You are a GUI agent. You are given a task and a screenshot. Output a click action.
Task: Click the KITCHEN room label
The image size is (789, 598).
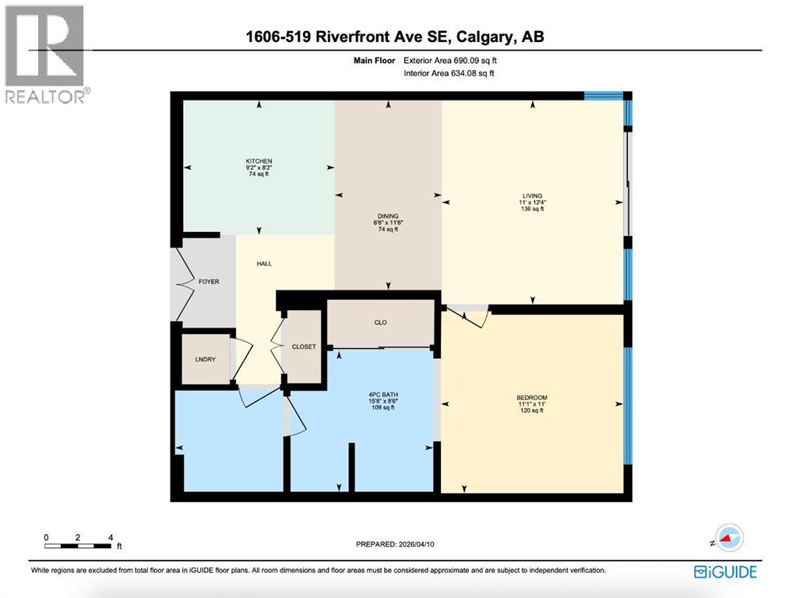[x=259, y=161]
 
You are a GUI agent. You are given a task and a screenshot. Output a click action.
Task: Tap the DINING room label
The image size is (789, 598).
[x=388, y=216]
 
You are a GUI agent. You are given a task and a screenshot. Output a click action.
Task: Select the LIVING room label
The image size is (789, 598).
[x=533, y=196]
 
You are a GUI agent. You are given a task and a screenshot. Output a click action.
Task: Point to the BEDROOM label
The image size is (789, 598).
[x=532, y=397]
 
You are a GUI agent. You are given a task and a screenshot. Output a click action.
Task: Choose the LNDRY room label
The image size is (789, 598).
[x=205, y=359]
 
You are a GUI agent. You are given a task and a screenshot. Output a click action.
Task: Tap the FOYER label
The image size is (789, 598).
[x=208, y=281]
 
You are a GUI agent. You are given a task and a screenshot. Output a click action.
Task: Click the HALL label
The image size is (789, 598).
[x=264, y=263]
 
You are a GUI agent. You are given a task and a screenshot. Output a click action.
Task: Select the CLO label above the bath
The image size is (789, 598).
[x=380, y=322]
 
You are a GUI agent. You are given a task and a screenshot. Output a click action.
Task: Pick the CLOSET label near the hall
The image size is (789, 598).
[x=304, y=346]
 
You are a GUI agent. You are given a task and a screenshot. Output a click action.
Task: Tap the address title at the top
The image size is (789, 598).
[x=394, y=37]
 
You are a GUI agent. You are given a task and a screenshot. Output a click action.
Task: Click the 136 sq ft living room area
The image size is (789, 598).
[x=533, y=209]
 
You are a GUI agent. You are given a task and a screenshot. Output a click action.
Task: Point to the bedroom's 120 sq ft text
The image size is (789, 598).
[x=532, y=410]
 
